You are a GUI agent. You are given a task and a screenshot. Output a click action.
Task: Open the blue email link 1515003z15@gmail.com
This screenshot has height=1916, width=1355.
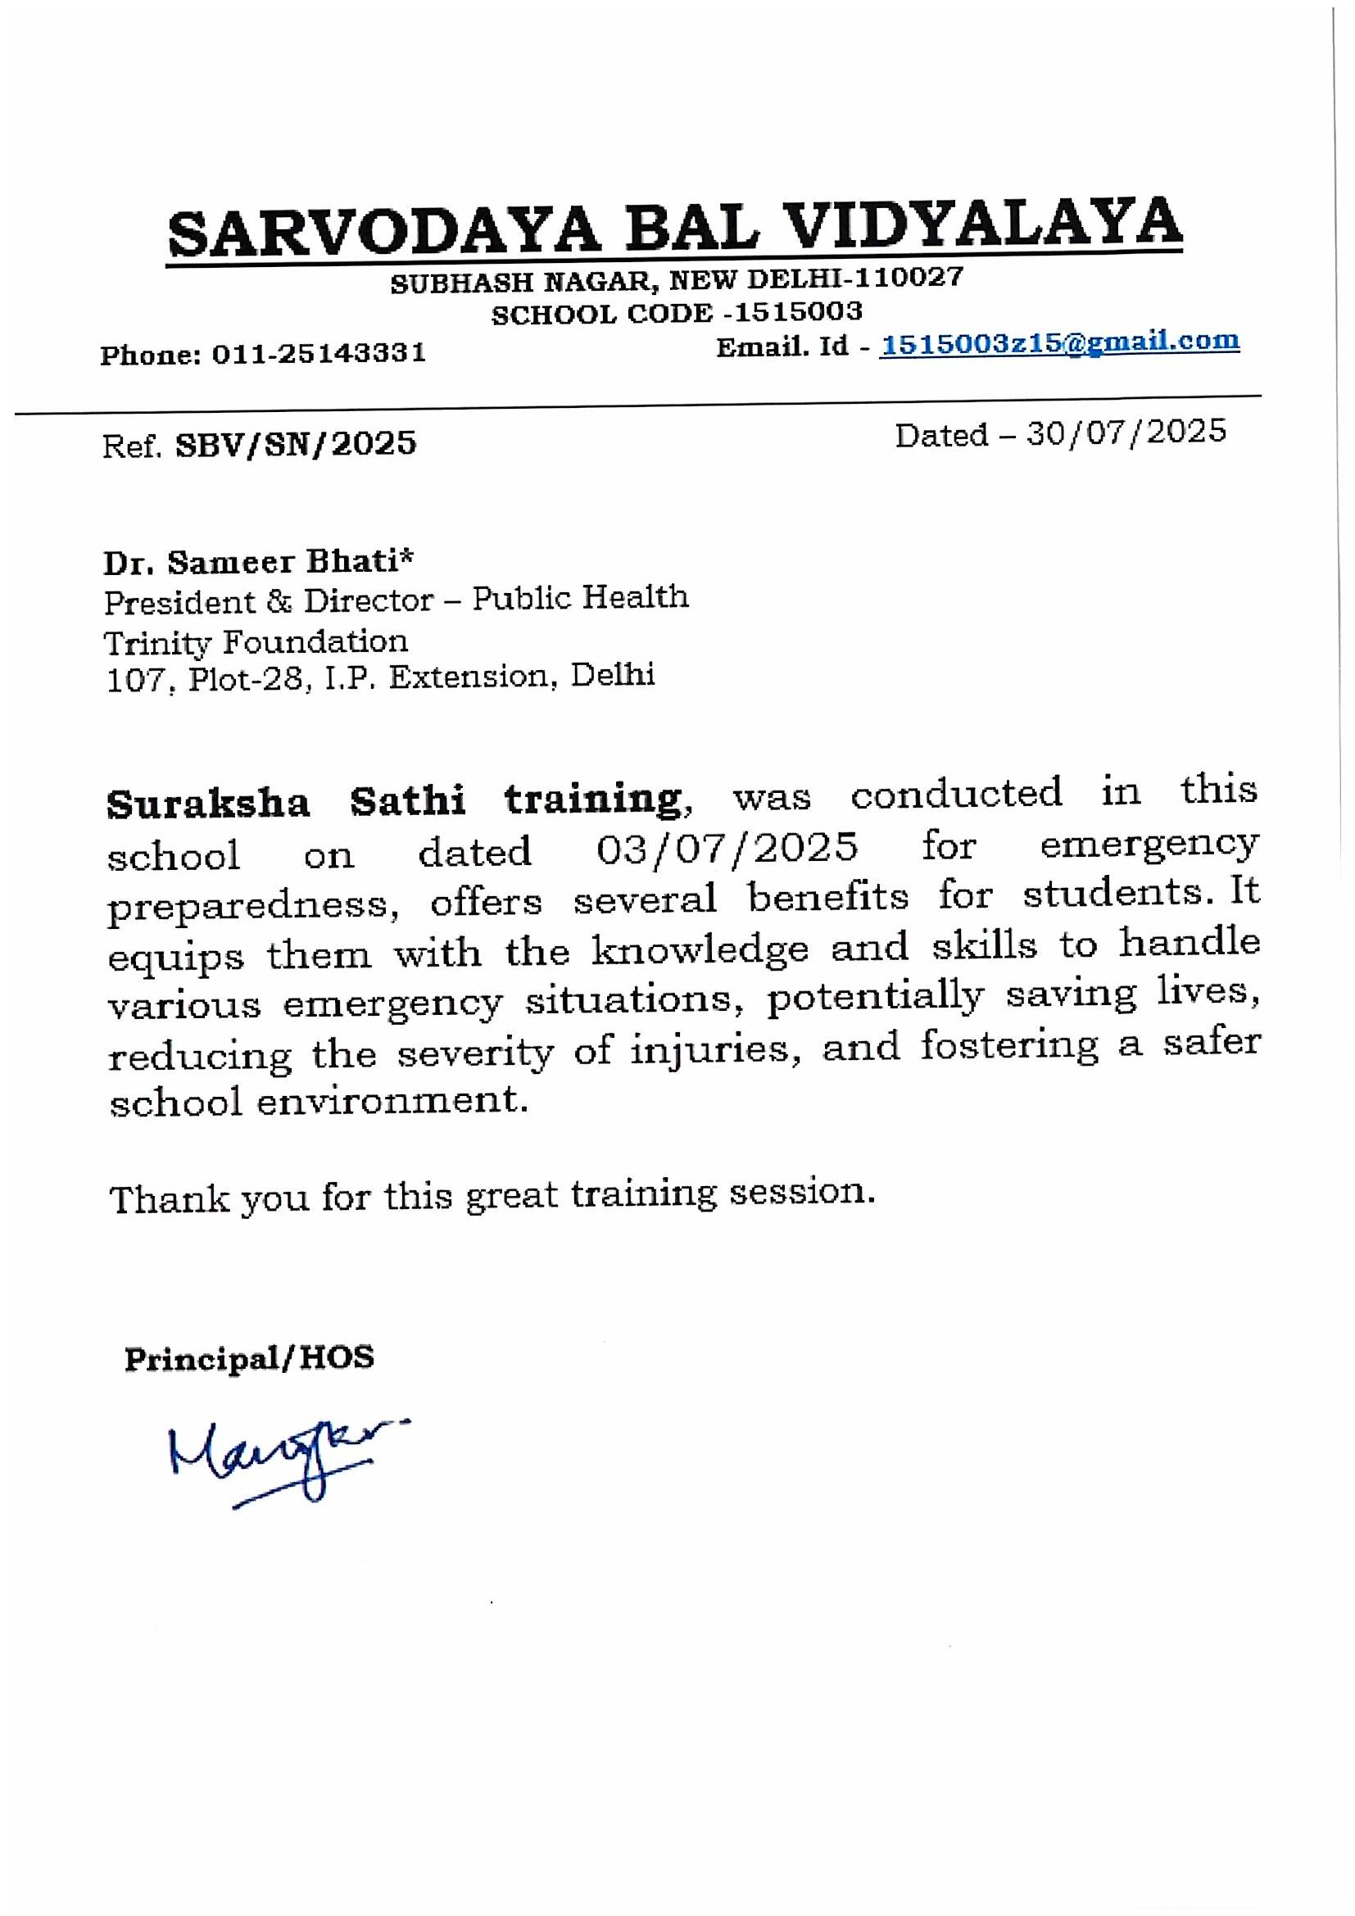(x=1059, y=342)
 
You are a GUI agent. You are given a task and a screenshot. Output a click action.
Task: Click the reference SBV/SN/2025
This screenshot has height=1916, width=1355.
(x=296, y=444)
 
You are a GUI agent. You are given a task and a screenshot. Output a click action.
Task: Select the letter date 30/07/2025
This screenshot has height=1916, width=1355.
(x=1126, y=433)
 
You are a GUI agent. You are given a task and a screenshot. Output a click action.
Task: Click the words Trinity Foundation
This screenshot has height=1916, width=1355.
(x=256, y=641)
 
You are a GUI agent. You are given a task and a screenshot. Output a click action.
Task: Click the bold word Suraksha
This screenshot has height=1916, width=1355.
(x=209, y=803)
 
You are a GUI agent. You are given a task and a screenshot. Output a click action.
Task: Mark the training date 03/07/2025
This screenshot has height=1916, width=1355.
(x=727, y=848)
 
